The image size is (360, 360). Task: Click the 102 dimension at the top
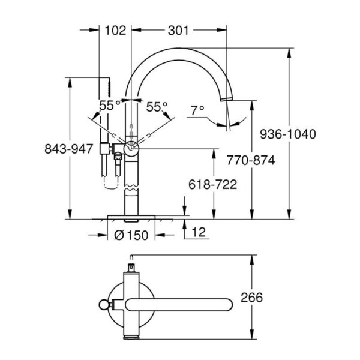tap(116, 31)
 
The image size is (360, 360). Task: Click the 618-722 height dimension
tap(211, 185)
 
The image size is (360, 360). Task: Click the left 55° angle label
tap(110, 106)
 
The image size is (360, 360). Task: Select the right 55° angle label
tap(157, 106)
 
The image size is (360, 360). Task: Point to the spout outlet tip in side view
tap(227, 97)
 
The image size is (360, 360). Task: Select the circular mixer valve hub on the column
tap(131, 148)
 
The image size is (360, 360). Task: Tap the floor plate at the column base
tap(131, 215)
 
